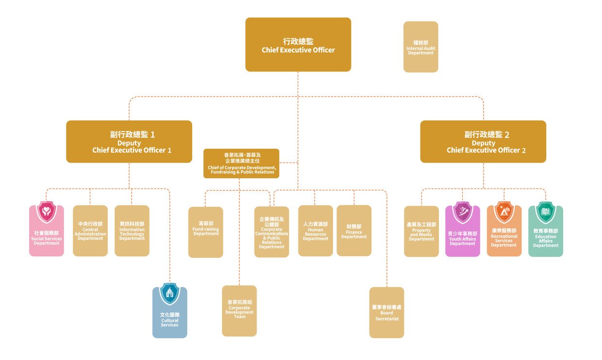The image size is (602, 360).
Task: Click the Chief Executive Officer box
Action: [x=298, y=45]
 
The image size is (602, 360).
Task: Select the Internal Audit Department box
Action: [x=420, y=47]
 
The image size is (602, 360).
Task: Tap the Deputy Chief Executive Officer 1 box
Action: [x=129, y=141]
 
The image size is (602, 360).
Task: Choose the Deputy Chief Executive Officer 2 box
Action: [x=483, y=141]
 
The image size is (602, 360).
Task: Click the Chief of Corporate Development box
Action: [x=241, y=164]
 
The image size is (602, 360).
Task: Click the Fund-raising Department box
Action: [x=206, y=232]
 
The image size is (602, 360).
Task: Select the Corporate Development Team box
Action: [x=239, y=311]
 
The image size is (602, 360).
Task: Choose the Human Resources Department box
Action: [x=316, y=231]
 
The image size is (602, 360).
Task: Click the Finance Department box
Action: [x=354, y=231]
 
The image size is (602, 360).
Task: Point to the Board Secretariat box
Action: [x=386, y=312]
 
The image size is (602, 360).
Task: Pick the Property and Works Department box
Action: [x=421, y=232]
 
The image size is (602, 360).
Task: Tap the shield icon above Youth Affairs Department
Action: [x=462, y=212]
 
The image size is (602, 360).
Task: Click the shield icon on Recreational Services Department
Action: [x=504, y=212]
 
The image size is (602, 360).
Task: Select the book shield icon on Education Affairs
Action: [x=545, y=212]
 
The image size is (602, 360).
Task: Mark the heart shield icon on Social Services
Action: [x=46, y=212]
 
